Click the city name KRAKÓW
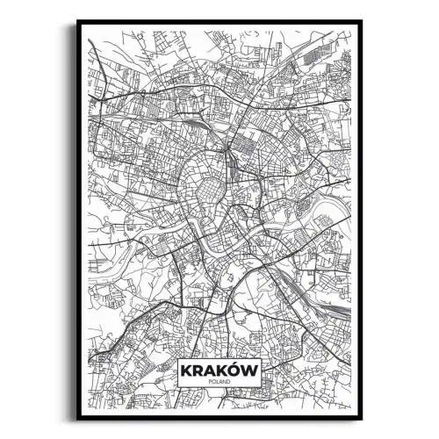click(x=219, y=371)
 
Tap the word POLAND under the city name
click(x=219, y=383)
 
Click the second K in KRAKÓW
click(x=224, y=371)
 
